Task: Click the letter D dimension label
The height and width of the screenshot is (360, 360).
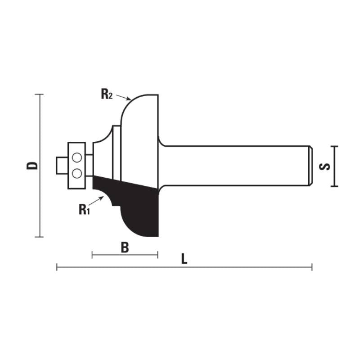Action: click(x=32, y=165)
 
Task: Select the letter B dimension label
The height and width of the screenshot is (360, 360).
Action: click(x=125, y=247)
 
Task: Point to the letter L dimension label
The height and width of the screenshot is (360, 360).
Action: click(x=184, y=259)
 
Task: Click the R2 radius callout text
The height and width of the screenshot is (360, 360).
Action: click(x=106, y=94)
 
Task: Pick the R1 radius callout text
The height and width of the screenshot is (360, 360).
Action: click(x=84, y=209)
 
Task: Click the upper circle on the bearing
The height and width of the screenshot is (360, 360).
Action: click(x=76, y=157)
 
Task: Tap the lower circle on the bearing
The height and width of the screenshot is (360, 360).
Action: click(x=76, y=173)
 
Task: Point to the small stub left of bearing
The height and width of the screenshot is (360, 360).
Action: click(x=61, y=165)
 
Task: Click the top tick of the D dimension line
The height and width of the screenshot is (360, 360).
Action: click(x=40, y=94)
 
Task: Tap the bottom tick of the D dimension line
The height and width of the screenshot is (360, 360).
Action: click(x=40, y=237)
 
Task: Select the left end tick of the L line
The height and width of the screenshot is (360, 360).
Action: click(x=57, y=267)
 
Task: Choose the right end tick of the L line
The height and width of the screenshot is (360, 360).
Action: click(x=312, y=267)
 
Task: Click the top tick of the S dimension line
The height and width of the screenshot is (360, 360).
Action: click(x=333, y=146)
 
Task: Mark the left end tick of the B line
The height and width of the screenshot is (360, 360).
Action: click(x=92, y=255)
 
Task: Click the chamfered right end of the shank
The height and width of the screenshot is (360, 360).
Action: click(x=310, y=165)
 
